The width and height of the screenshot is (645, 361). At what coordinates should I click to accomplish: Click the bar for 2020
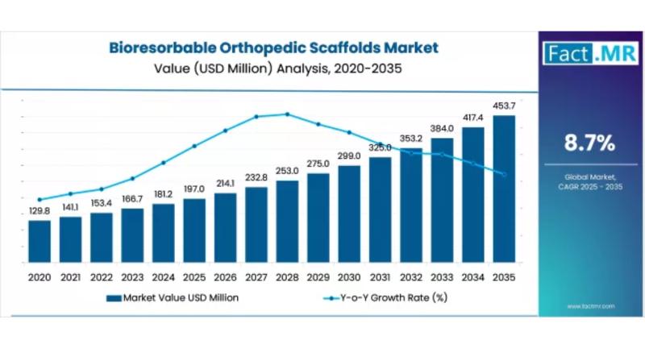click(40, 242)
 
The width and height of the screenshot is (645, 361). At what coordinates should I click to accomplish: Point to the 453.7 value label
click(504, 106)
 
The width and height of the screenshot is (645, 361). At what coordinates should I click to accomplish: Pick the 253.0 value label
click(287, 171)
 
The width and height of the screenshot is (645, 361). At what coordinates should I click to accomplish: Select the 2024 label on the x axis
click(164, 276)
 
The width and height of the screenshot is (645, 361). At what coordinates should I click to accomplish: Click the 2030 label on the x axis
click(349, 276)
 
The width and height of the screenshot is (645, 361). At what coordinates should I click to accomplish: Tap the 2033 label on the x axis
click(442, 276)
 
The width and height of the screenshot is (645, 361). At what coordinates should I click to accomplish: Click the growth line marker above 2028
click(287, 114)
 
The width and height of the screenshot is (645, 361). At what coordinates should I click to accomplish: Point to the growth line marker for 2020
click(40, 199)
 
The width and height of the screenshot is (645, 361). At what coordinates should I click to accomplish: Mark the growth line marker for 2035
click(504, 175)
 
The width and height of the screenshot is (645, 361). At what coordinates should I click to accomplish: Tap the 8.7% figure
click(589, 143)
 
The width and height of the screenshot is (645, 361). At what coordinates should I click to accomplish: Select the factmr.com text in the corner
click(591, 306)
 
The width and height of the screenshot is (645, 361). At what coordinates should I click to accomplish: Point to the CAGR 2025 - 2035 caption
click(589, 186)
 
